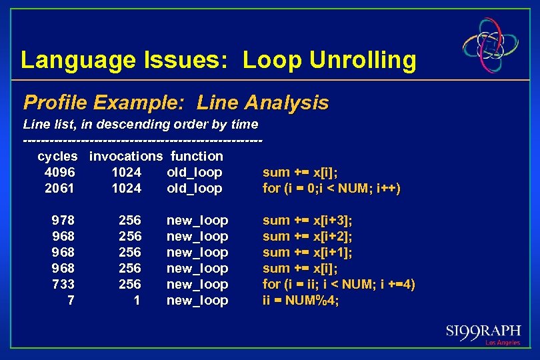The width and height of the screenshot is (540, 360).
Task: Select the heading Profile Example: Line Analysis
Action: click(176, 103)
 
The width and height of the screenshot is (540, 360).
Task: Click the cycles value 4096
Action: click(59, 173)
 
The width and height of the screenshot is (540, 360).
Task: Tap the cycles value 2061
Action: click(59, 189)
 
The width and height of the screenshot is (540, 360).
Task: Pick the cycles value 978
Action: click(63, 221)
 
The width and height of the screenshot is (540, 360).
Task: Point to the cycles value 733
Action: click(63, 285)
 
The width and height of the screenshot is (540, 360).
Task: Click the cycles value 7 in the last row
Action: click(71, 301)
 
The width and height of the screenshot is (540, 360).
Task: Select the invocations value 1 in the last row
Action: click(137, 301)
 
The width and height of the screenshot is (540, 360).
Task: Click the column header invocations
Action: click(126, 157)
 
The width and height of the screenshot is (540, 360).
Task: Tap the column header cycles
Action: click(58, 157)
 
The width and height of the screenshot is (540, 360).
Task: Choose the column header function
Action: click(197, 157)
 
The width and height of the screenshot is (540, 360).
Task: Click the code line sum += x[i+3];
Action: click(307, 221)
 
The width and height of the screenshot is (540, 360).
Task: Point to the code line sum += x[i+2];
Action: click(307, 237)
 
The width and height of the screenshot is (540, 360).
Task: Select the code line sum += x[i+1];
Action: click(307, 253)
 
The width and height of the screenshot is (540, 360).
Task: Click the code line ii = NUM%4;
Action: click(301, 301)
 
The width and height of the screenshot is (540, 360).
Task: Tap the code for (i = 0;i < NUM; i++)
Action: click(331, 189)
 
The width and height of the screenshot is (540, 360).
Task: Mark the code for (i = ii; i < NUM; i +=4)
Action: click(339, 285)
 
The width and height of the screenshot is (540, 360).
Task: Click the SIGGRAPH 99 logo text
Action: click(483, 331)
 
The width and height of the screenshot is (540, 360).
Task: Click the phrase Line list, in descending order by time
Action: click(141, 125)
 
